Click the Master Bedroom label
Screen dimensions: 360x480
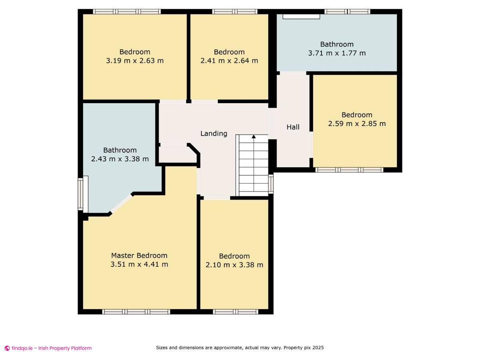139,256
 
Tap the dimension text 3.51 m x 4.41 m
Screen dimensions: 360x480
139,264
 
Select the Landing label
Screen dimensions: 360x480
214,134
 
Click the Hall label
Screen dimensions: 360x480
293,127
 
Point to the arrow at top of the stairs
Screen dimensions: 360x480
254,137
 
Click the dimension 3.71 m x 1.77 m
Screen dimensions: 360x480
337,53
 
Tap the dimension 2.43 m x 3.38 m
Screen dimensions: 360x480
120,159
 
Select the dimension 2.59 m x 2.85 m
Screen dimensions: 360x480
357,124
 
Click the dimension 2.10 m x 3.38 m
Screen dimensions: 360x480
234,265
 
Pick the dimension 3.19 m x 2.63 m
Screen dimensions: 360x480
135,61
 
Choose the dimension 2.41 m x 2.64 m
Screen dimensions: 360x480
229,61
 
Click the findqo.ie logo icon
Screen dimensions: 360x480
7,348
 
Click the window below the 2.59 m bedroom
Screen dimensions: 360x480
349,170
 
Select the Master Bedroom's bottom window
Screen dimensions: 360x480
136,312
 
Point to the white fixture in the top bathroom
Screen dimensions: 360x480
302,17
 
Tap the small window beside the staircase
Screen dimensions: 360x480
271,184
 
